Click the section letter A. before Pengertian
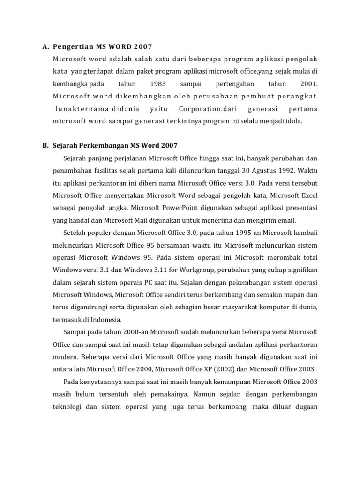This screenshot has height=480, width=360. [45, 46]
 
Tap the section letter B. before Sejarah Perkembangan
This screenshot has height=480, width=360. [45, 146]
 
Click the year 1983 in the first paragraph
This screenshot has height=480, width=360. [158, 84]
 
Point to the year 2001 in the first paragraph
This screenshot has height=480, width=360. [307, 84]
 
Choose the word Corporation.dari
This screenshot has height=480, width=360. [207, 109]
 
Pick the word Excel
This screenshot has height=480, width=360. [307, 195]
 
